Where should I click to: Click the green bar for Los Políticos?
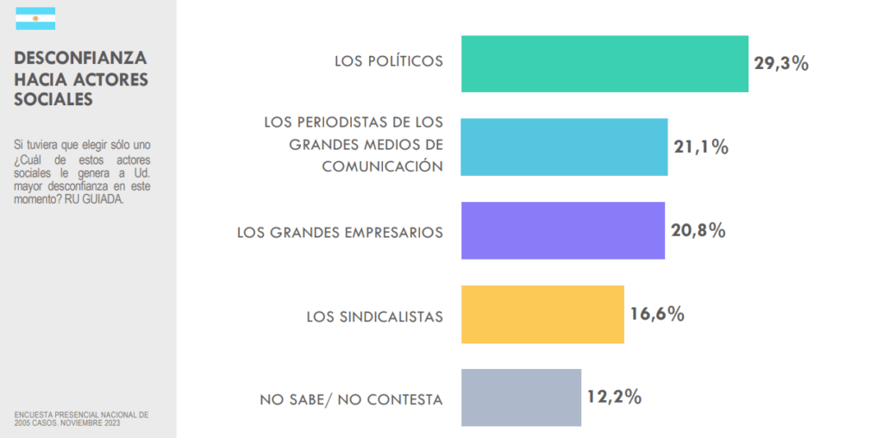pos(604,64)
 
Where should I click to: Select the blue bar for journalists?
pos(564,147)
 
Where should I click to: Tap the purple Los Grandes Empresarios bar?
pos(562,230)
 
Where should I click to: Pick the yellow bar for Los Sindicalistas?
pos(542,314)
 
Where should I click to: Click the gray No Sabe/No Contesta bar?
pos(521,397)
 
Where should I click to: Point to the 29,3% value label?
pos(781,63)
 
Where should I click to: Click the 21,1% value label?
pos(701,147)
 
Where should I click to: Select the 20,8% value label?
pos(698,230)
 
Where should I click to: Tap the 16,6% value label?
pos(657,314)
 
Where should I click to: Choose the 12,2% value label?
pos(615,397)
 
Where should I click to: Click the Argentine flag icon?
pos(35,19)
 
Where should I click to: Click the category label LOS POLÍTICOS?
pos(389,61)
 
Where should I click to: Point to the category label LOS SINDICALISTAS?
pos(375,317)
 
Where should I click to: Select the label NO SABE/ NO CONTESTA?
pos(352,400)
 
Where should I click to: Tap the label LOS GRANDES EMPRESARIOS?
pos(340,233)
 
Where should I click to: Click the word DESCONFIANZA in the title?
pos(81,59)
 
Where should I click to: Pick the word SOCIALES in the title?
pos(53,100)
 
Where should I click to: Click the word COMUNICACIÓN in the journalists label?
pos(382,166)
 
